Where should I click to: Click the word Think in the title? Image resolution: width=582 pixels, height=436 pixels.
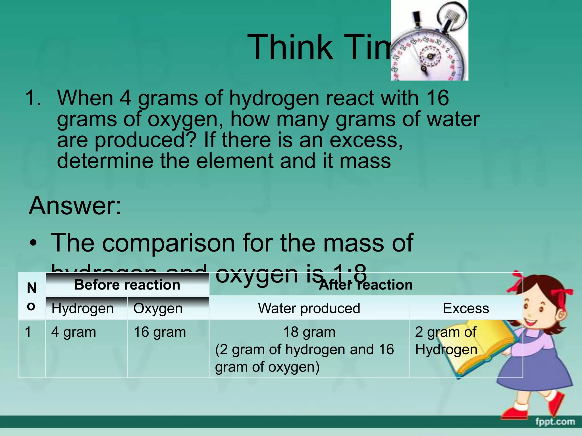(x=290, y=47)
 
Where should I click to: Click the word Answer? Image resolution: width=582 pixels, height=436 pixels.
(x=75, y=206)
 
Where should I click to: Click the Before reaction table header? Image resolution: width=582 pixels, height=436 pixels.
(x=127, y=285)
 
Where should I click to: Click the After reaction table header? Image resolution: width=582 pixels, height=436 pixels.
(x=366, y=285)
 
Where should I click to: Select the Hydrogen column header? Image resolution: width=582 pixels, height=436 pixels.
(x=82, y=308)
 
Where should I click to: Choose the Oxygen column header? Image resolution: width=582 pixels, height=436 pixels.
(x=158, y=308)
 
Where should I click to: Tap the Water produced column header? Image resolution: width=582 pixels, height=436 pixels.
(x=309, y=308)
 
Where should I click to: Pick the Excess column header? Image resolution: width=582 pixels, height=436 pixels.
(x=466, y=308)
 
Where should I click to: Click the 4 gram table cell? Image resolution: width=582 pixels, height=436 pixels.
(x=74, y=332)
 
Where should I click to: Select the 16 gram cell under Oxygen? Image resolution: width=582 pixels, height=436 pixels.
(x=160, y=332)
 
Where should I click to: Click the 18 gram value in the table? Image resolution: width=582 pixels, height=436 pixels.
(x=309, y=332)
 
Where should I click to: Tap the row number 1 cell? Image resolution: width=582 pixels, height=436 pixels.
(x=28, y=332)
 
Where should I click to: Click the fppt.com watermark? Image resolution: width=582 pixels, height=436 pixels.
(x=555, y=422)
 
